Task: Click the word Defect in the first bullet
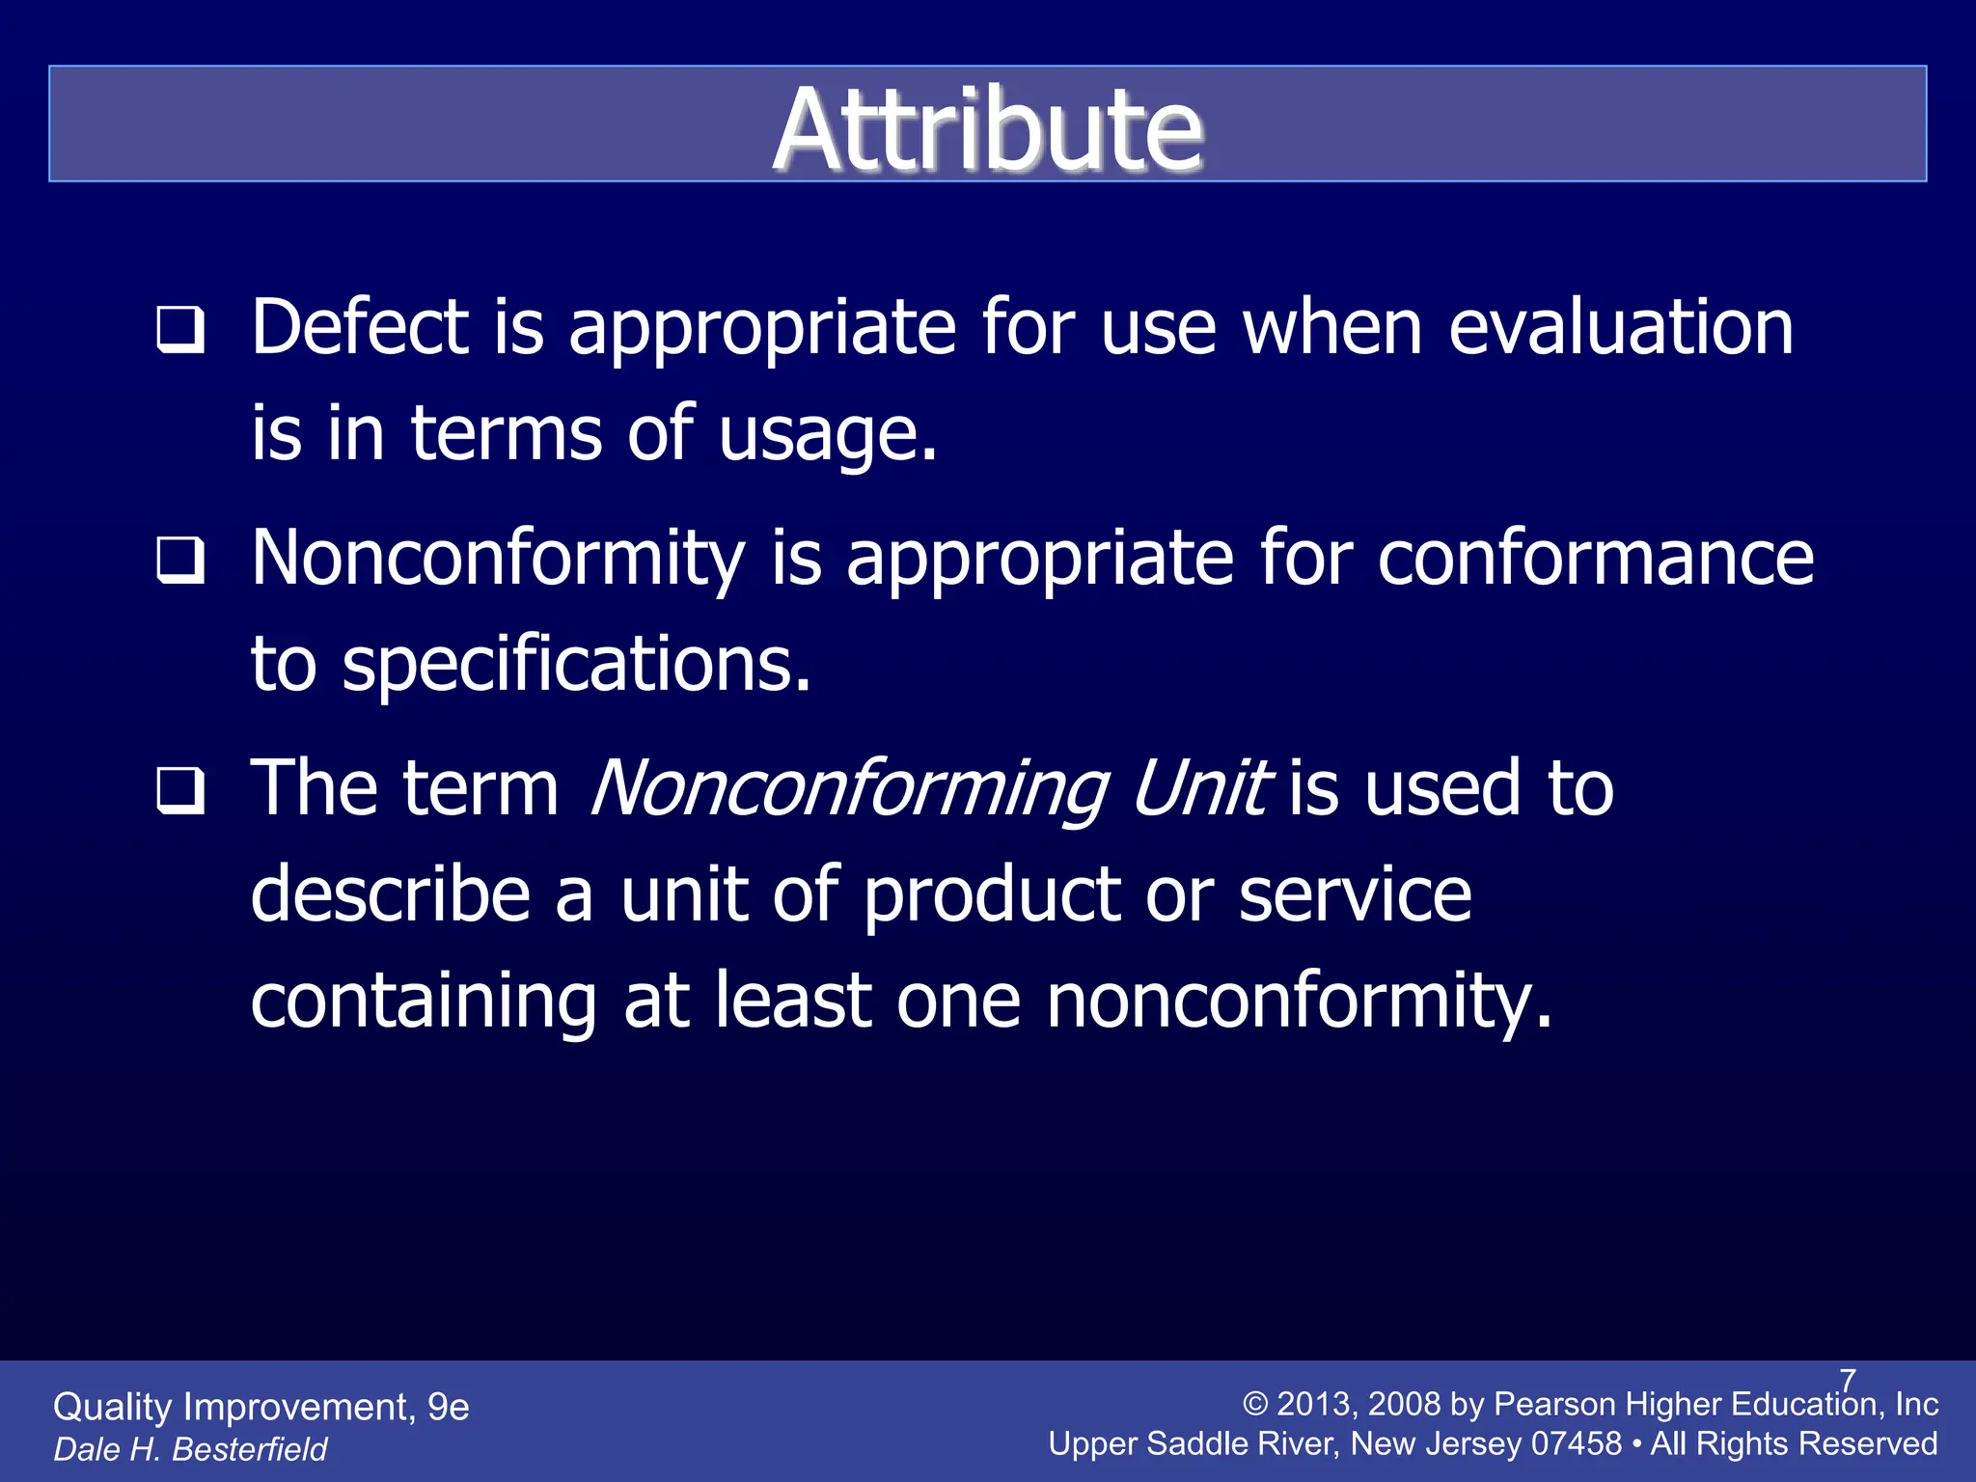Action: (359, 328)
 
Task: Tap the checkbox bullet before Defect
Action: (181, 330)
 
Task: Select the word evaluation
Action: (1621, 328)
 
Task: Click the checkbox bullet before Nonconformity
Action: (181, 560)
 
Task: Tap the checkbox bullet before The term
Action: (181, 791)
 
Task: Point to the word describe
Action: (391, 894)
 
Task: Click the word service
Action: (1355, 894)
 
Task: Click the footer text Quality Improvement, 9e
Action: (261, 1408)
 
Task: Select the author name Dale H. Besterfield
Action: (190, 1449)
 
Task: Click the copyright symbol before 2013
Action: (1255, 1405)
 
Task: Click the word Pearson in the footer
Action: (1553, 1405)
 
